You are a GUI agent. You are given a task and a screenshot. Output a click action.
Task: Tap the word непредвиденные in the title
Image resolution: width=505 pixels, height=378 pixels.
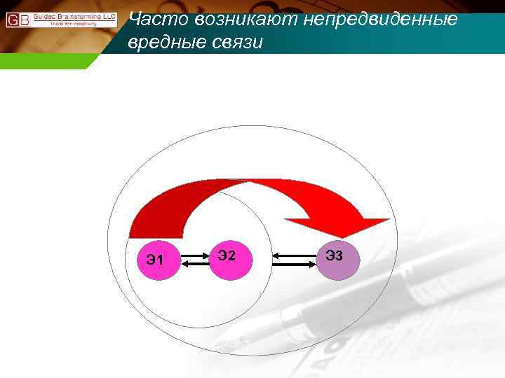click(x=379, y=19)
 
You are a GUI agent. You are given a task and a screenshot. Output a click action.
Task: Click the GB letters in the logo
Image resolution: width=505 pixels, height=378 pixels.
click(x=18, y=19)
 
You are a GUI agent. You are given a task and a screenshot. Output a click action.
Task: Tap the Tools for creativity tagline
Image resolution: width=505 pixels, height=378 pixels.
click(x=74, y=23)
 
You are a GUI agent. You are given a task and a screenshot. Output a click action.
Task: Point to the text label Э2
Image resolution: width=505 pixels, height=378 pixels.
click(x=226, y=255)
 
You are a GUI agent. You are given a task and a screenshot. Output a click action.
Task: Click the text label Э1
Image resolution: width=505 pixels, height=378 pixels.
click(x=155, y=261)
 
